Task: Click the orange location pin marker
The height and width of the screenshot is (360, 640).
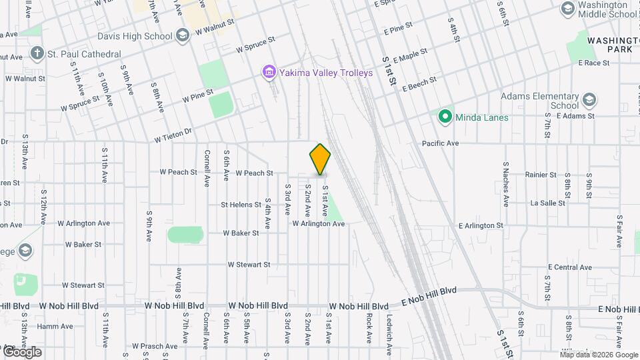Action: [x=320, y=159]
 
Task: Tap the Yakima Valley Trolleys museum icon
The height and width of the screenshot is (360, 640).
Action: [x=269, y=72]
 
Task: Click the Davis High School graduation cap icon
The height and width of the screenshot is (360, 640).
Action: [x=182, y=37]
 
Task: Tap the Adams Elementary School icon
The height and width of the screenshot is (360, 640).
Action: [x=589, y=101]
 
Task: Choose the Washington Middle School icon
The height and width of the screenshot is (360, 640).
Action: [x=568, y=9]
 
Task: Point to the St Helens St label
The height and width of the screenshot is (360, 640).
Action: [x=241, y=205]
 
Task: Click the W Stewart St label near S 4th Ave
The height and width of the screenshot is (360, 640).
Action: [x=249, y=265]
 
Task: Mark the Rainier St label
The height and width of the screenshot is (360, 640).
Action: [x=541, y=175]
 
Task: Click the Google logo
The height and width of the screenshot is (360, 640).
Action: [x=21, y=352]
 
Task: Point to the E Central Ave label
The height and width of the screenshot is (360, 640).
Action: [x=570, y=267]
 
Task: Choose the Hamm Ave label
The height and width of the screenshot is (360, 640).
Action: [x=55, y=326]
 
